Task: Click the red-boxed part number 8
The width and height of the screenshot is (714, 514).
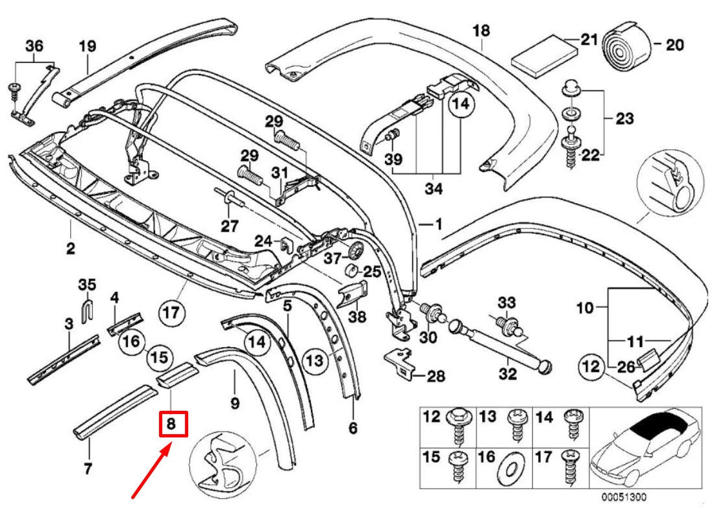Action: tap(173, 424)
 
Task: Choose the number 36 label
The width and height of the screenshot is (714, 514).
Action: tap(34, 45)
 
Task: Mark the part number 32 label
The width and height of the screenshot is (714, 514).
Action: tap(508, 374)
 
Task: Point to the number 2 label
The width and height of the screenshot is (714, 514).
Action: tap(70, 248)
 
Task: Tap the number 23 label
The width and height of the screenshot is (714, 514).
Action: tap(624, 119)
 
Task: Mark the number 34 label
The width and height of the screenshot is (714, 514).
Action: tap(434, 190)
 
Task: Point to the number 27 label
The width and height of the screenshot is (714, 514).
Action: tap(229, 226)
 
